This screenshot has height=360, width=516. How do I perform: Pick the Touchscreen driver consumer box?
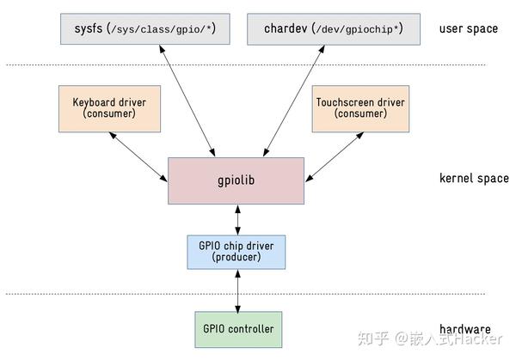pos(360,108)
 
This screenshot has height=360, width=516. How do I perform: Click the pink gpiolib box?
pos(236,181)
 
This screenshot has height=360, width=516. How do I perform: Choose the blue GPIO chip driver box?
pos(236,252)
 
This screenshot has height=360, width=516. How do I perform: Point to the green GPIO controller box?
pos(238,328)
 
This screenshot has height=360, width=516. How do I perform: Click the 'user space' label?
pos(468,28)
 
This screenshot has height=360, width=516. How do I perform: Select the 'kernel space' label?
pos(473,179)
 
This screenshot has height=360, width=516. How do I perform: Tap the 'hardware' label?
pos(465,328)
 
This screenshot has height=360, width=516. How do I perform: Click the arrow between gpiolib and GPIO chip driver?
pos(236,220)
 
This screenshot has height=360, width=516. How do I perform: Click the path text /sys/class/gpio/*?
pos(163,29)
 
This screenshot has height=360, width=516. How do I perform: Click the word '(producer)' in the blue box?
pos(236,259)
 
